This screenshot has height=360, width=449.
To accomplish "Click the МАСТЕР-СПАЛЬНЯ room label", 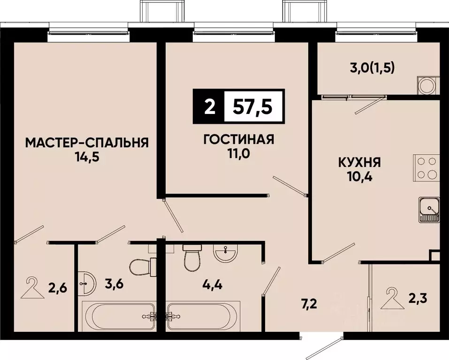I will (x=87, y=142).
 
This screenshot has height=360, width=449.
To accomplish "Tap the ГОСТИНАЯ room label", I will (x=238, y=140).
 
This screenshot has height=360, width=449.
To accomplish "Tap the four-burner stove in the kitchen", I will (x=426, y=168).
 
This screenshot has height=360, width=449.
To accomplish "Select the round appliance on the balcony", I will (x=427, y=86).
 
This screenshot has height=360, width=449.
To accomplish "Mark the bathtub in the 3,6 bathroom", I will (x=119, y=316).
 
